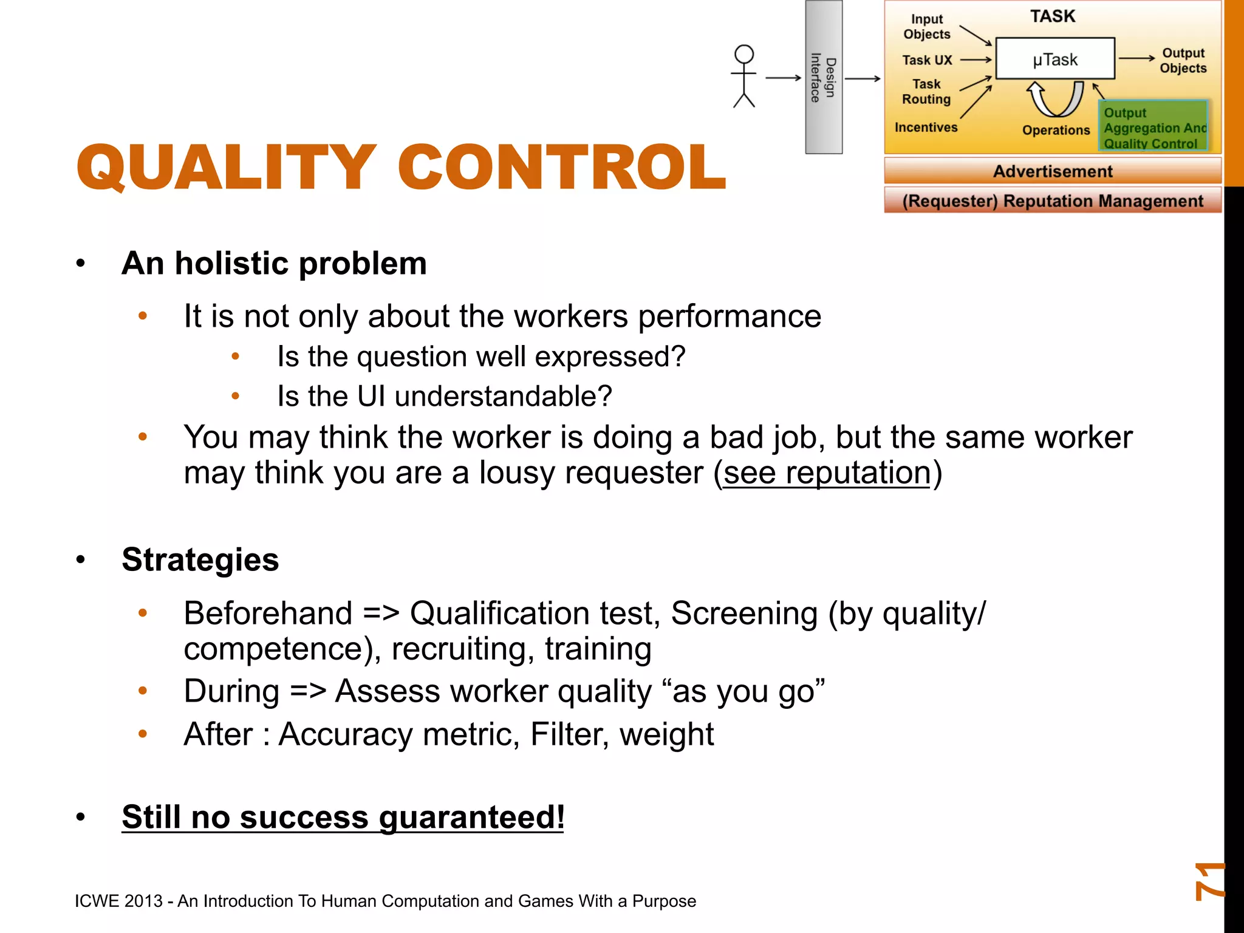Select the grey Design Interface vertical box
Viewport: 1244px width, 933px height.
[824, 77]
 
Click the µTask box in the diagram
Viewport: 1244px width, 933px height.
[1055, 59]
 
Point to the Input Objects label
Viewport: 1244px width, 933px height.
[926, 27]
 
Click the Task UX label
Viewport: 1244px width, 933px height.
[927, 60]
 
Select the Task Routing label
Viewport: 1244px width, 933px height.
[926, 92]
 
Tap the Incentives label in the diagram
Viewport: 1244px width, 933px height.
[926, 128]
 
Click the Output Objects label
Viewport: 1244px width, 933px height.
[1183, 61]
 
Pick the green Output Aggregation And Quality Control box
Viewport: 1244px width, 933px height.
[1153, 126]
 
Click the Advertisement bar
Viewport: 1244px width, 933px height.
[1052, 171]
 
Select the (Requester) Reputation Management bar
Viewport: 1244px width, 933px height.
[1052, 201]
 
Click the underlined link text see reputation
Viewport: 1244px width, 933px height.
[827, 473]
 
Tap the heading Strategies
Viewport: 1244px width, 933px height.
[200, 559]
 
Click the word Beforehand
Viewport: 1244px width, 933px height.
[268, 613]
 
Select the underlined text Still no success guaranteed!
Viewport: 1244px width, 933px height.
[343, 816]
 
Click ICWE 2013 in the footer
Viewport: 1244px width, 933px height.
[118, 901]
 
